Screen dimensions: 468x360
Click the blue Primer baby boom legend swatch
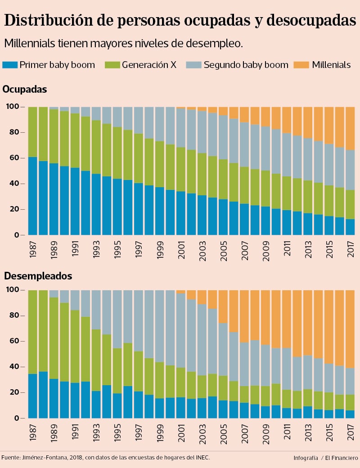pos(9,65)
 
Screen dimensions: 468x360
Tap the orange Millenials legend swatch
pos(301,65)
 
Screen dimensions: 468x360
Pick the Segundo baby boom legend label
pos(246,65)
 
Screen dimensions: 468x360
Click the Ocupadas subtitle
pos(25,89)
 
